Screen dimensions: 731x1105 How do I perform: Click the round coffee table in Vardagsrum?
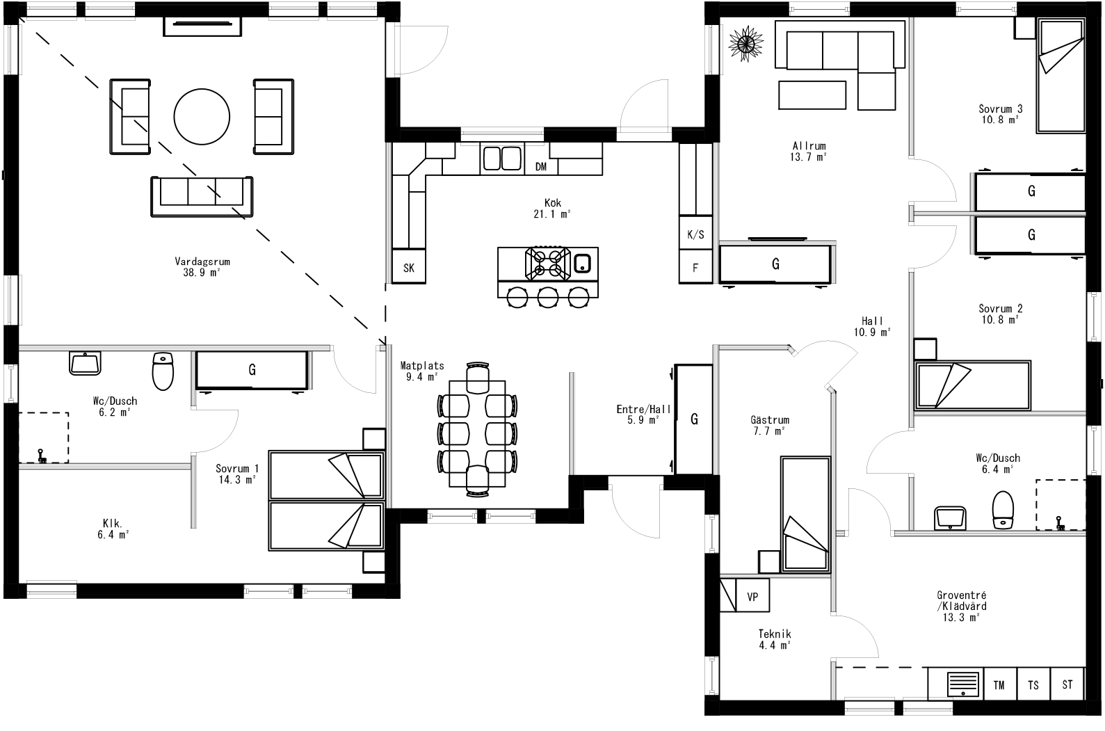point(201,116)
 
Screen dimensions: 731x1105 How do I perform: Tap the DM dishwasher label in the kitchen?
point(541,167)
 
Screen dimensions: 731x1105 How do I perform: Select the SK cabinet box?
point(409,268)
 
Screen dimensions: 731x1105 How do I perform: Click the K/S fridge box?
point(695,235)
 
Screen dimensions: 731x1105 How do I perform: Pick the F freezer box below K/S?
point(695,268)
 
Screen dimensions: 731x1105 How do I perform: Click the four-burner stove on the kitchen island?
point(547,263)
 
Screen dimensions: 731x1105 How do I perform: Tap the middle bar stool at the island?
point(548,298)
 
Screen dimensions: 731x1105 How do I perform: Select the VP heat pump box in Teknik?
point(752,597)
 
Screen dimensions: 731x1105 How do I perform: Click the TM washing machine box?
point(999,685)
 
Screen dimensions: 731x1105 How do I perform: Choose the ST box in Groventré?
point(1067,685)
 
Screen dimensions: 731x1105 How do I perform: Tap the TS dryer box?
point(1033,685)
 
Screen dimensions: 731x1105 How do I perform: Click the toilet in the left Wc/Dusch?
point(163,371)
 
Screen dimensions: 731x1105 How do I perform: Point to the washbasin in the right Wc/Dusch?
point(951,517)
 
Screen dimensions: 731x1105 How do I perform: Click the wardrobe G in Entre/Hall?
point(693,419)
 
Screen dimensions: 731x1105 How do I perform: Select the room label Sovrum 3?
point(1000,109)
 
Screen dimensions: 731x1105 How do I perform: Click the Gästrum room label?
point(770,421)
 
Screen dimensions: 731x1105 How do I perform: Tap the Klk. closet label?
point(113,524)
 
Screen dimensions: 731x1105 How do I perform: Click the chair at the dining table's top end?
point(478,379)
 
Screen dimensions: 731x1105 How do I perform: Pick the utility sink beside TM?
point(964,684)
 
